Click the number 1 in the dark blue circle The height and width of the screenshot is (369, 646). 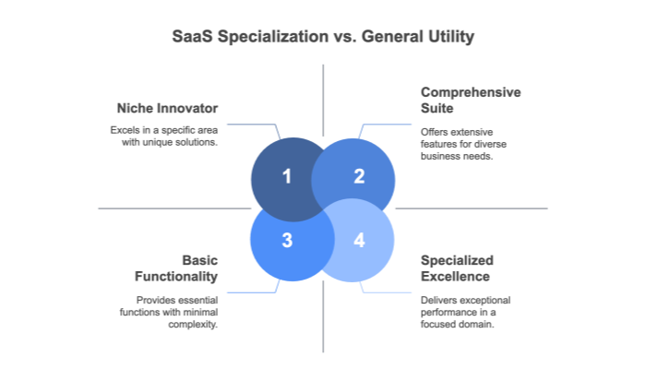point(287,176)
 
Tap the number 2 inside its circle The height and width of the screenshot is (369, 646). point(359,176)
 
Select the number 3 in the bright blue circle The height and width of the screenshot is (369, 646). point(287,241)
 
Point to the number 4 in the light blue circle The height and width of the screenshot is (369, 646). point(359,241)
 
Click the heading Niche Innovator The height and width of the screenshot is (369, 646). point(168,109)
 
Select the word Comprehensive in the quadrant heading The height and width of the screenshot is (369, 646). point(471,92)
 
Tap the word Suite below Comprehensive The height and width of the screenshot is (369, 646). point(437,110)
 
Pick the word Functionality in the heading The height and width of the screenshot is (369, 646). point(176,277)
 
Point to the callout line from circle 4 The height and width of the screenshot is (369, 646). point(388,292)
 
